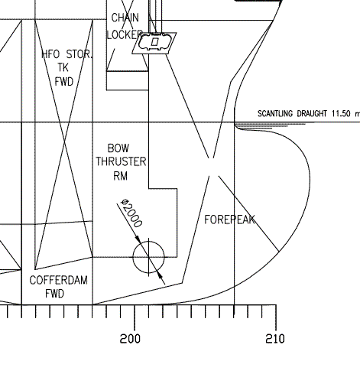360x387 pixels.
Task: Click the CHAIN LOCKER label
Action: [x=125, y=26]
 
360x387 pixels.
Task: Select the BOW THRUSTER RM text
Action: [x=119, y=161]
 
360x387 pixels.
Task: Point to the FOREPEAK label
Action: [x=229, y=220]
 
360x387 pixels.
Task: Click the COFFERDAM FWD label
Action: [x=58, y=287]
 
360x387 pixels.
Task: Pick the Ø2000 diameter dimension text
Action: [x=132, y=214]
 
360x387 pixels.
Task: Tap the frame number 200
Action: [x=130, y=339]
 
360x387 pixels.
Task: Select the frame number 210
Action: [x=274, y=339]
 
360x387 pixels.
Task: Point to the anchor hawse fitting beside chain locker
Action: [x=155, y=43]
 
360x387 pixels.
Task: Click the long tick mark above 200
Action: [x=135, y=317]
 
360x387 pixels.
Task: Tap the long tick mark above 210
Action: [x=278, y=317]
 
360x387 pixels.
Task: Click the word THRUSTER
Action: [x=121, y=161]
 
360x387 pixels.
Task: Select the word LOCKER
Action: [x=125, y=34]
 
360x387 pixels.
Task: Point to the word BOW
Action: [x=118, y=148]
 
